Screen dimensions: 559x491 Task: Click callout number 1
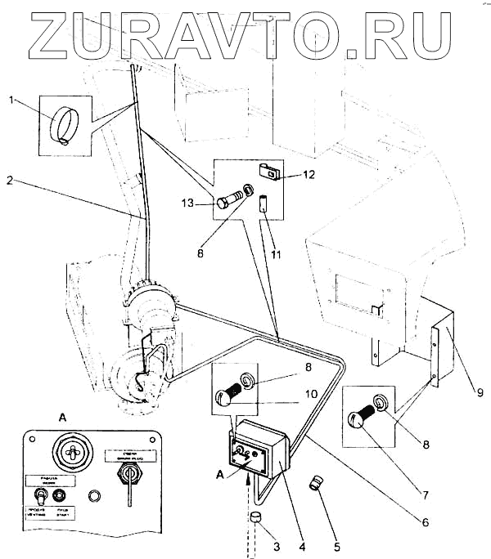pyautogui.click(x=11, y=101)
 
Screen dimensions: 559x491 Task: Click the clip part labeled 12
pyautogui.click(x=269, y=171)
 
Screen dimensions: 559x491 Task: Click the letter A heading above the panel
pyautogui.click(x=64, y=417)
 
